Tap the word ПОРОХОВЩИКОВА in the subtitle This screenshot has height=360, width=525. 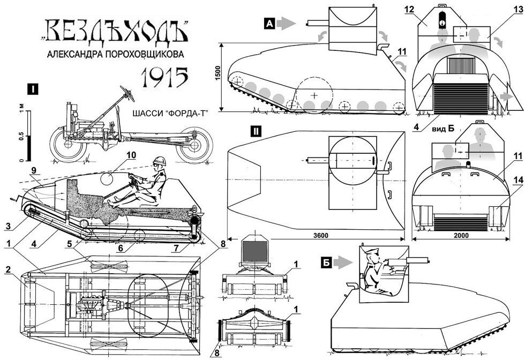(144, 55)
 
